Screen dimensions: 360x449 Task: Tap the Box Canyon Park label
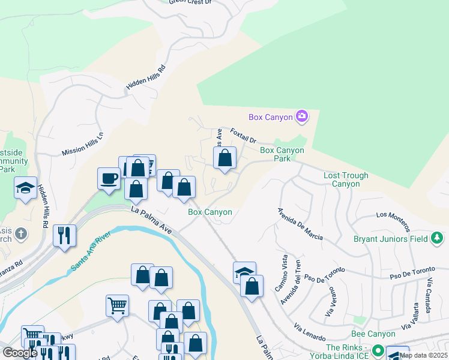click(282, 154)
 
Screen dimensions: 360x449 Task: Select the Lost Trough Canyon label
click(346, 179)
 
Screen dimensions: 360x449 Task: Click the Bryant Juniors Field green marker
click(438, 239)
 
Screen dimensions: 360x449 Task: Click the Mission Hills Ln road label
click(83, 145)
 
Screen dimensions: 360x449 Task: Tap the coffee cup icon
click(109, 178)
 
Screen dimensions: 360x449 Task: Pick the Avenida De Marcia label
click(300, 224)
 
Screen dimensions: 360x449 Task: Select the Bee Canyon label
click(373, 334)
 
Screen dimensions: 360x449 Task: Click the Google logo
click(19, 352)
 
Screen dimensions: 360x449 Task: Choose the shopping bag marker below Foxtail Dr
click(225, 158)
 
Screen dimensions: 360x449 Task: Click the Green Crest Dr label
click(190, 2)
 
